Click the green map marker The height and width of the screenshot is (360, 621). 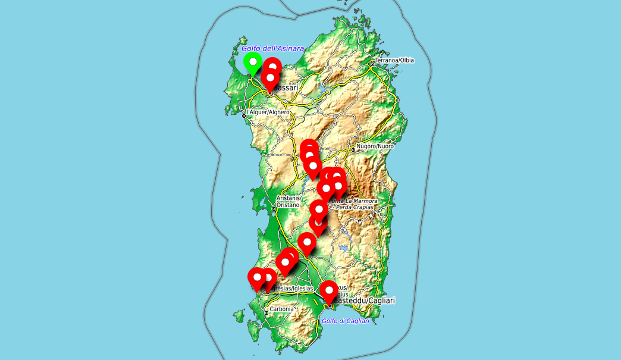pyautogui.click(x=253, y=62)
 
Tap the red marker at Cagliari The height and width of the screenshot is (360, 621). pyautogui.click(x=328, y=292)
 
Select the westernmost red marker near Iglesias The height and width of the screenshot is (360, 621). pyautogui.click(x=257, y=278)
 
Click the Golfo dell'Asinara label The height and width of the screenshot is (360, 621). pyautogui.click(x=272, y=48)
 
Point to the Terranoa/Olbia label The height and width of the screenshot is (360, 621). pyautogui.click(x=394, y=60)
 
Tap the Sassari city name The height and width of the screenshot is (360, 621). pyautogui.click(x=286, y=88)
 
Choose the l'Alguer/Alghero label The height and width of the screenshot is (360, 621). pyautogui.click(x=268, y=112)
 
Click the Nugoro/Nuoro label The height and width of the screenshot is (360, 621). pyautogui.click(x=375, y=146)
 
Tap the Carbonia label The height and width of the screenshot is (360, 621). pyautogui.click(x=282, y=309)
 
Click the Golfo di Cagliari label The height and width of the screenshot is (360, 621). pyautogui.click(x=345, y=321)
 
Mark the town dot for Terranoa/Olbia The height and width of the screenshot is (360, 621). pyautogui.click(x=372, y=64)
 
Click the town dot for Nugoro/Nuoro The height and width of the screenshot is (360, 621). pyautogui.click(x=353, y=150)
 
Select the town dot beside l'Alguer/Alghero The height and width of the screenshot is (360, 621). pyautogui.click(x=243, y=115)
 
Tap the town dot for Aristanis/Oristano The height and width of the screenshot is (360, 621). pyautogui.click(x=274, y=209)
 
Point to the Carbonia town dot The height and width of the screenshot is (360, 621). pyautogui.click(x=266, y=312)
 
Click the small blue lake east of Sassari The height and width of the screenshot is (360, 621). pyautogui.click(x=322, y=90)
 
